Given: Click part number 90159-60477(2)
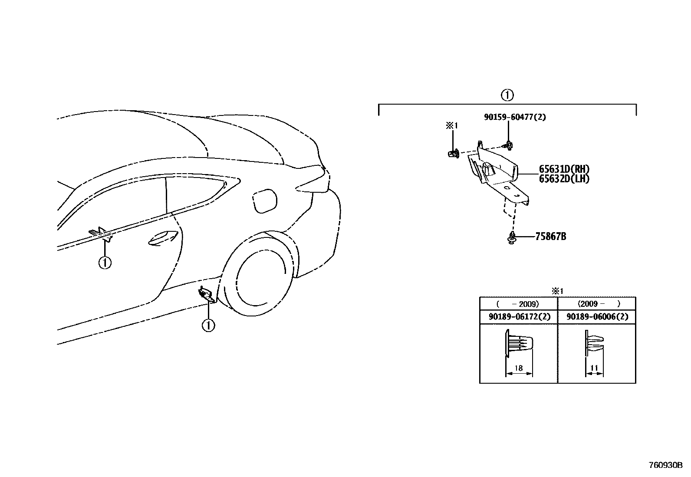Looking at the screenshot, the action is [515, 117].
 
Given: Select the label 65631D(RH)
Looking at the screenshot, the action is [564, 170].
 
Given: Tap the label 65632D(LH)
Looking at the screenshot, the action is [564, 178].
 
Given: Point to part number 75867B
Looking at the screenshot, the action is [550, 237].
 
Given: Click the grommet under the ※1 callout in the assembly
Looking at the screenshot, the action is [453, 153].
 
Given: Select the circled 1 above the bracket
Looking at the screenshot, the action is [507, 95].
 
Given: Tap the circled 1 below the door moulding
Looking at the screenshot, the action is [105, 263].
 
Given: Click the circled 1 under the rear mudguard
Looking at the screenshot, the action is [209, 325].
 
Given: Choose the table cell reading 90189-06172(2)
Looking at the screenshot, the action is [519, 317].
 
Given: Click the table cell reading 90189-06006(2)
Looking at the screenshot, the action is [597, 317].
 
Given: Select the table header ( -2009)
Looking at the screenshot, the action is [518, 304].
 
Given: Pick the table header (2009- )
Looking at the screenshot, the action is [597, 304].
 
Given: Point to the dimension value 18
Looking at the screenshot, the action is [518, 368].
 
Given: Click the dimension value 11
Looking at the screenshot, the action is [594, 368].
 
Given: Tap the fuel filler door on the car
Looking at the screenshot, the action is [264, 201].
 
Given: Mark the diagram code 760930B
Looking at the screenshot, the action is [665, 465].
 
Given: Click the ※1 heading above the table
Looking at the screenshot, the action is [557, 291].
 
